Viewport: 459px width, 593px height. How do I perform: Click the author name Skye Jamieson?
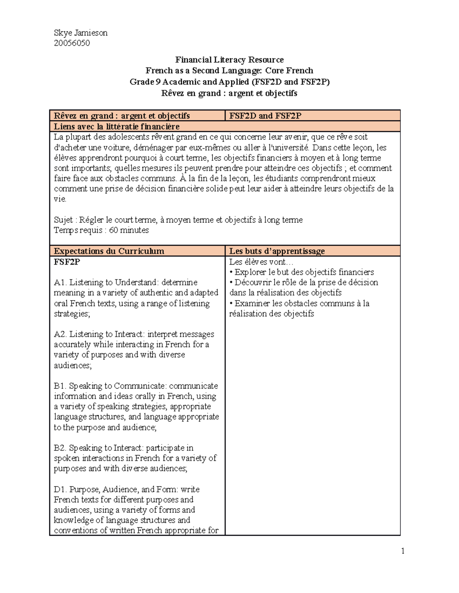(80, 33)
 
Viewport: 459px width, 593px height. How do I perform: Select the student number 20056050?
(72, 43)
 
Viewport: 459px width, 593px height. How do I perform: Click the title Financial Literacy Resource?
(229, 60)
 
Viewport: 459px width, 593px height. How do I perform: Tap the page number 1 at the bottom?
(403, 551)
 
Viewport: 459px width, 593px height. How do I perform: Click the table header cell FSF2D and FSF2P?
(265, 116)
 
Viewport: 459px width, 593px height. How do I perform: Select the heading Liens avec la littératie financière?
(117, 126)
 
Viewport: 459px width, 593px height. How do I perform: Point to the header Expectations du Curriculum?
(109, 251)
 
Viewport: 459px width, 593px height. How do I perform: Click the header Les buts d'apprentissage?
(277, 251)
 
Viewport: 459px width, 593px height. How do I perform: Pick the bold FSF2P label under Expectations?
(67, 262)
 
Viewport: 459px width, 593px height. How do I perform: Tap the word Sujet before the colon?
(63, 220)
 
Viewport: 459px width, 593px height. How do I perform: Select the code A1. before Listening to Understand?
(60, 283)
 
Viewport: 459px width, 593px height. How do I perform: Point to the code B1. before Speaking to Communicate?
(60, 386)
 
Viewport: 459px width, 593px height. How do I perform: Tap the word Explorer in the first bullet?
(250, 272)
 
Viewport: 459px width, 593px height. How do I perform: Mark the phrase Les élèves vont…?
(260, 262)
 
